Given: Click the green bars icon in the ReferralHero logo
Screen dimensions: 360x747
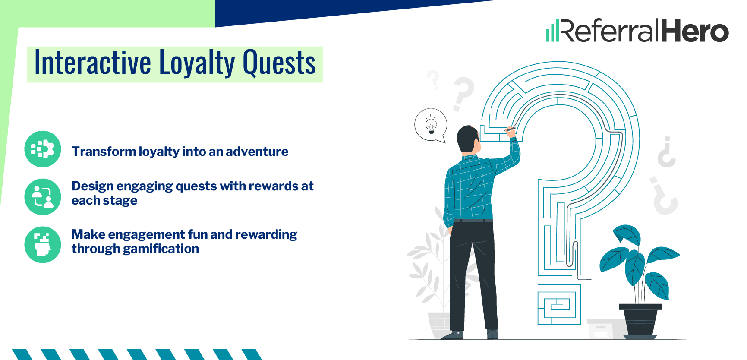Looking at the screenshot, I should click(x=552, y=32).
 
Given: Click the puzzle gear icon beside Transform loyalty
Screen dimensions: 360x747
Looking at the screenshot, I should click(x=43, y=149).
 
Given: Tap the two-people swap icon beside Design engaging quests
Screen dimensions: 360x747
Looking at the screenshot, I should click(x=43, y=197).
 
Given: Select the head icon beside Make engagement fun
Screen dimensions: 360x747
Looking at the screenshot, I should click(x=43, y=244).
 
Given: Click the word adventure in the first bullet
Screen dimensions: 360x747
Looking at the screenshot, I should click(x=257, y=152).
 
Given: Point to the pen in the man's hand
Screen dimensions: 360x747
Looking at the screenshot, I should click(x=510, y=129).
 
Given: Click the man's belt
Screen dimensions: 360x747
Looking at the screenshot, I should click(x=473, y=221).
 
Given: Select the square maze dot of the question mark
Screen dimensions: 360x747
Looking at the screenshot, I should click(x=559, y=305).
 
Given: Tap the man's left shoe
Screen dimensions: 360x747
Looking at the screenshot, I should click(x=452, y=335).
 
